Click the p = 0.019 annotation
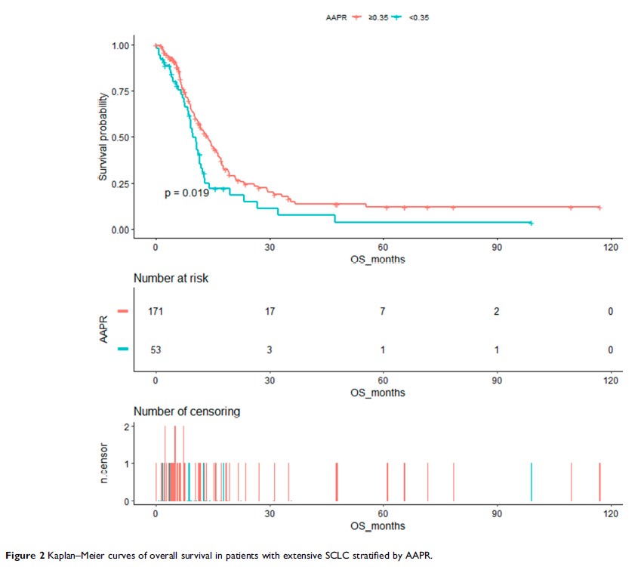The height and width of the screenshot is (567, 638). [x=187, y=194]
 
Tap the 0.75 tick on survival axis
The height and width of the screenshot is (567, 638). [x=120, y=92]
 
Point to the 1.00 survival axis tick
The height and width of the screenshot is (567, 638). [x=120, y=46]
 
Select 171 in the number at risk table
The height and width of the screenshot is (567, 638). [x=156, y=312]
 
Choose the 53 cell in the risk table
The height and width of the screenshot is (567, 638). [x=156, y=350]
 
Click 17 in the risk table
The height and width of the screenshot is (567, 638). [x=269, y=312]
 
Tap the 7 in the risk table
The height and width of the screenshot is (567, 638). [x=383, y=312]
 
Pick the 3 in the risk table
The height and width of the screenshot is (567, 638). [x=269, y=350]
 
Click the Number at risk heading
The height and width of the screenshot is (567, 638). [x=171, y=279]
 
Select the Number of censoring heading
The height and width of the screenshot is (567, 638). [x=187, y=411]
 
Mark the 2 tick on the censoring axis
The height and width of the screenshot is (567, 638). [x=126, y=426]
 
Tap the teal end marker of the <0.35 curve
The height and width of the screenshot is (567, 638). [x=532, y=223]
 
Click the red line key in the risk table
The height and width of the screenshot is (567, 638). [x=123, y=311]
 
